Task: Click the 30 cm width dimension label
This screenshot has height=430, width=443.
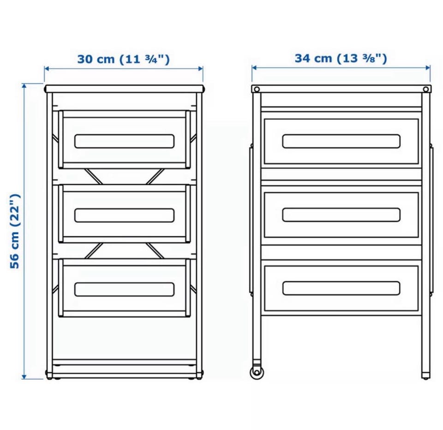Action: coord(124,60)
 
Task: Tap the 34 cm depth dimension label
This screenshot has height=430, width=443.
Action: coord(341,59)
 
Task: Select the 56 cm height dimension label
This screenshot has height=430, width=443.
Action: coord(15,231)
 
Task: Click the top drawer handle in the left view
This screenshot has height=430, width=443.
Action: coord(124,141)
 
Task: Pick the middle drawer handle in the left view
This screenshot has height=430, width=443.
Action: coord(124,215)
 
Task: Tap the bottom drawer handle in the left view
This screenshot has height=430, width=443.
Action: coord(124,289)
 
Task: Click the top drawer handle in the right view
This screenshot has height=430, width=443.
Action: coord(341,141)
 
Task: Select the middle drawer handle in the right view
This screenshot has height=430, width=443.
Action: coord(341,215)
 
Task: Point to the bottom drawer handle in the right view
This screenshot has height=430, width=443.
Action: coord(341,288)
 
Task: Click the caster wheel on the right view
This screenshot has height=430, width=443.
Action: coord(257,372)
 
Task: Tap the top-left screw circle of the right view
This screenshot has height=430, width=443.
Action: coord(257,90)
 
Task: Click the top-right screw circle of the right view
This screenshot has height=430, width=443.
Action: coord(426,90)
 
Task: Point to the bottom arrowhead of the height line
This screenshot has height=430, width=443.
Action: coord(24,376)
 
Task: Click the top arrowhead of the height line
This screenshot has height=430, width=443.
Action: coord(24,86)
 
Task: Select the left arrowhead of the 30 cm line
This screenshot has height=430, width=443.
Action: coord(47,69)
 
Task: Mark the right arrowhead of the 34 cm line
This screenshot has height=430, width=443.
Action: coord(427,67)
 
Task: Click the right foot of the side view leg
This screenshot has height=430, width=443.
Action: coord(426,376)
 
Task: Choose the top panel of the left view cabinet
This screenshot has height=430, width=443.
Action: coord(125,89)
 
